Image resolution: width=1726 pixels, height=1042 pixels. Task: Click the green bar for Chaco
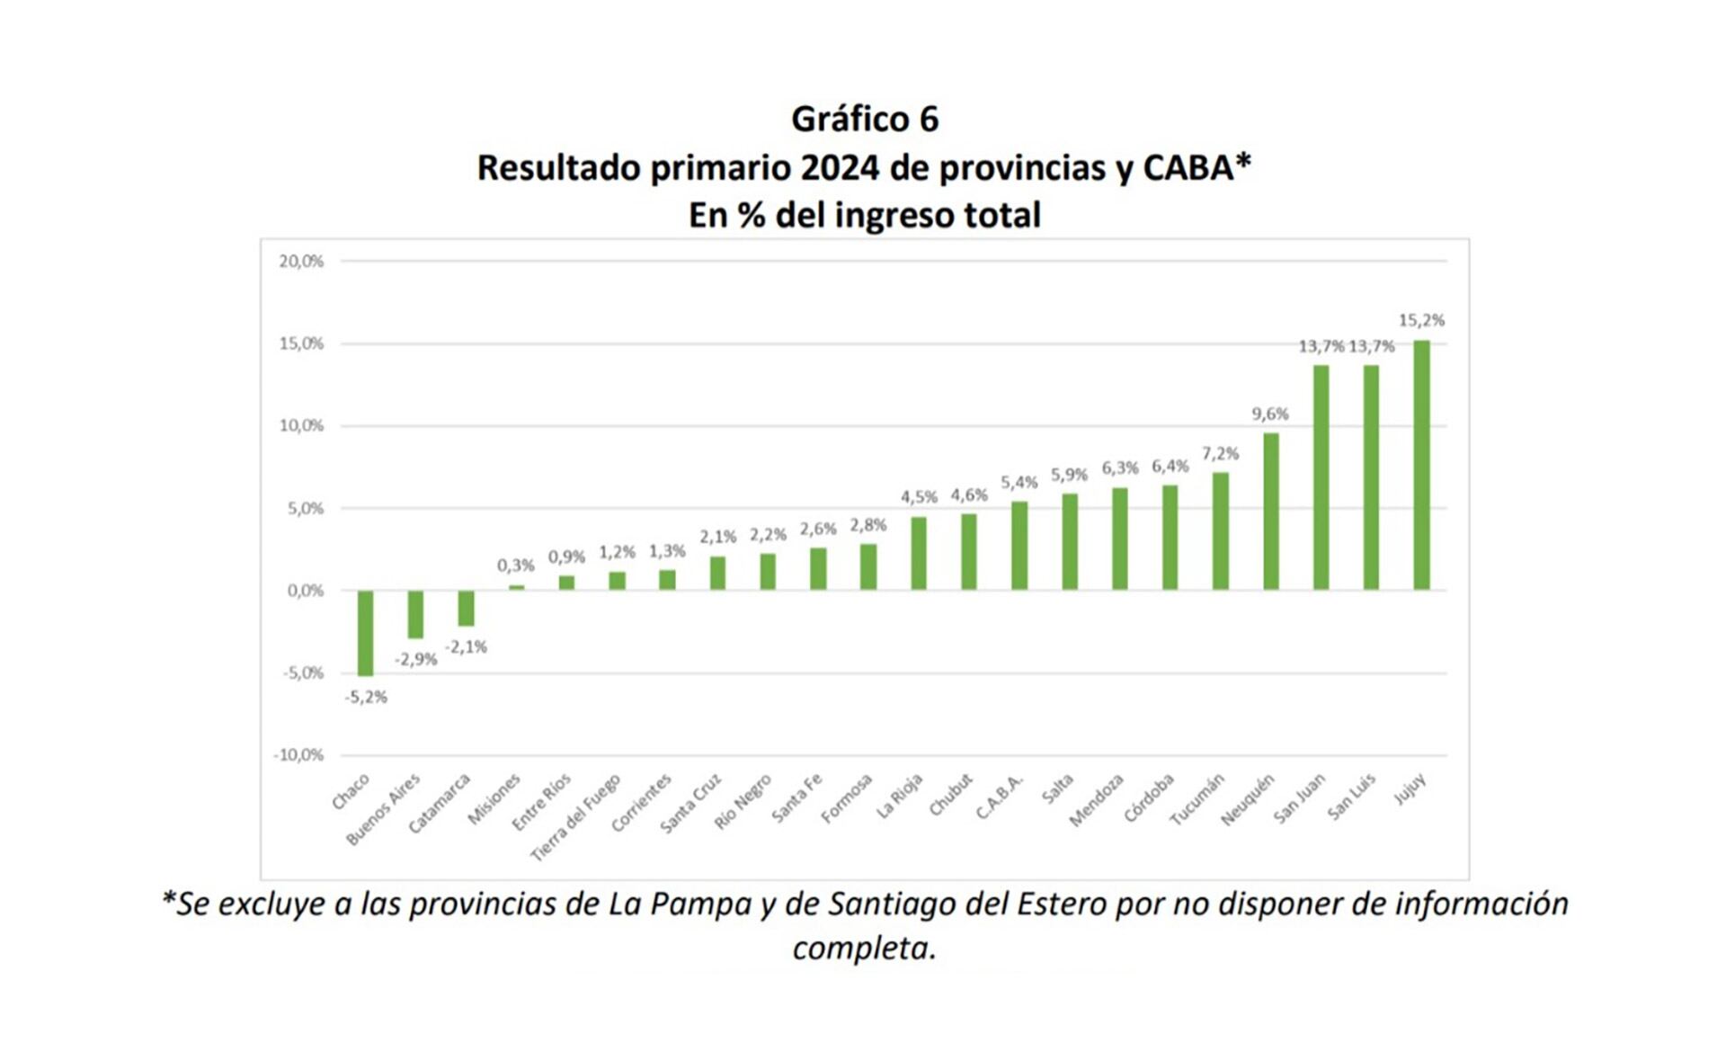click(x=365, y=632)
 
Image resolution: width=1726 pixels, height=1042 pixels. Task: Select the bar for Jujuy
click(x=1421, y=465)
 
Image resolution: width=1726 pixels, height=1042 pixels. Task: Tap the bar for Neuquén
click(x=1270, y=512)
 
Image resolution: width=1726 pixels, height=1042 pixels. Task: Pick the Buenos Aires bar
click(x=415, y=614)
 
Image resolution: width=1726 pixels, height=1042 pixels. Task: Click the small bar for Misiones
click(x=516, y=587)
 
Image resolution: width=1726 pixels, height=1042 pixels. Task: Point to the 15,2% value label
click(x=1421, y=320)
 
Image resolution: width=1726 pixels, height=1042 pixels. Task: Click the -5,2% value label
click(x=366, y=697)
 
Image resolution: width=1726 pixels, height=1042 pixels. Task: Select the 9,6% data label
click(x=1270, y=414)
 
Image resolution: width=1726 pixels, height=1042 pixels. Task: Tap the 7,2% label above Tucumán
click(x=1220, y=453)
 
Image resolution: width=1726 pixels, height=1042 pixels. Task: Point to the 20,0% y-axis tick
click(x=301, y=262)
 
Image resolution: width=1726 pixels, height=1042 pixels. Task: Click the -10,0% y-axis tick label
click(x=298, y=755)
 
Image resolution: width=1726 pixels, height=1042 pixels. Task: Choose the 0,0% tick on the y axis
click(x=305, y=591)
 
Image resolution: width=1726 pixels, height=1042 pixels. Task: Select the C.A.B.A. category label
click(x=1000, y=797)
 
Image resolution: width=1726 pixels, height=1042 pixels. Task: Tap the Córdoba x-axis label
click(x=1149, y=798)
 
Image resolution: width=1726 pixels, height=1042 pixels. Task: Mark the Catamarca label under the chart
click(x=440, y=803)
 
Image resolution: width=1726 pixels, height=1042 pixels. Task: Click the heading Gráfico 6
click(x=865, y=119)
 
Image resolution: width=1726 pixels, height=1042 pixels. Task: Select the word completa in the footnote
click(x=863, y=948)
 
